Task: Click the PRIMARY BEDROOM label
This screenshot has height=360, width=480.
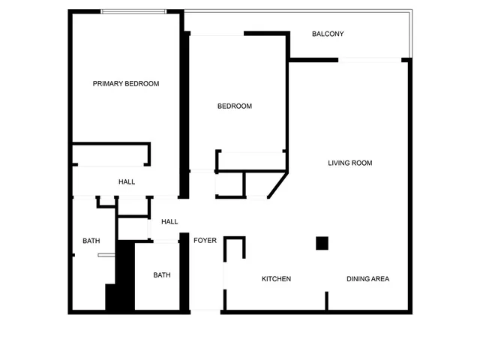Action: [x=126, y=84]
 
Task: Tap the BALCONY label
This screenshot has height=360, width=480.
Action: [x=328, y=34]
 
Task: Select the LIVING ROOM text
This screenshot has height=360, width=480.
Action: [x=350, y=163]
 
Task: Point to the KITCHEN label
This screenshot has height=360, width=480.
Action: [x=276, y=279]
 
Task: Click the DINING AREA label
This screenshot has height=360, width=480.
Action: [x=367, y=279]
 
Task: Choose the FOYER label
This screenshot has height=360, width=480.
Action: [x=205, y=241]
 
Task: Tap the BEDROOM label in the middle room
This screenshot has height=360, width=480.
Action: [x=235, y=106]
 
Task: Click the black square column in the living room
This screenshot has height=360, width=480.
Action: [x=322, y=243]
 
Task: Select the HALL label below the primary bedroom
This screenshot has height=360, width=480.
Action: [x=127, y=182]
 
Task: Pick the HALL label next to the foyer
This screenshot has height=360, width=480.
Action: [x=169, y=222]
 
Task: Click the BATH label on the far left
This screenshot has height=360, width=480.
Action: [x=91, y=241]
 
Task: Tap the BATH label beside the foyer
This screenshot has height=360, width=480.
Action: [x=162, y=275]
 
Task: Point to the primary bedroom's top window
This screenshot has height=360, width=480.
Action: [x=134, y=11]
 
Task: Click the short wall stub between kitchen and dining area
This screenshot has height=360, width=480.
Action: [x=326, y=300]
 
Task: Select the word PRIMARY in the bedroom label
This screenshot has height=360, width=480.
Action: [x=108, y=84]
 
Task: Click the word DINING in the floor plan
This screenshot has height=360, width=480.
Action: [x=358, y=279]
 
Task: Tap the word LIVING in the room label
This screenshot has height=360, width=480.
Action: [x=340, y=163]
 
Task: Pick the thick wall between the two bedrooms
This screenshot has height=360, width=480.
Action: [x=184, y=112]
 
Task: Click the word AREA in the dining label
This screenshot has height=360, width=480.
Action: [x=380, y=279]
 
